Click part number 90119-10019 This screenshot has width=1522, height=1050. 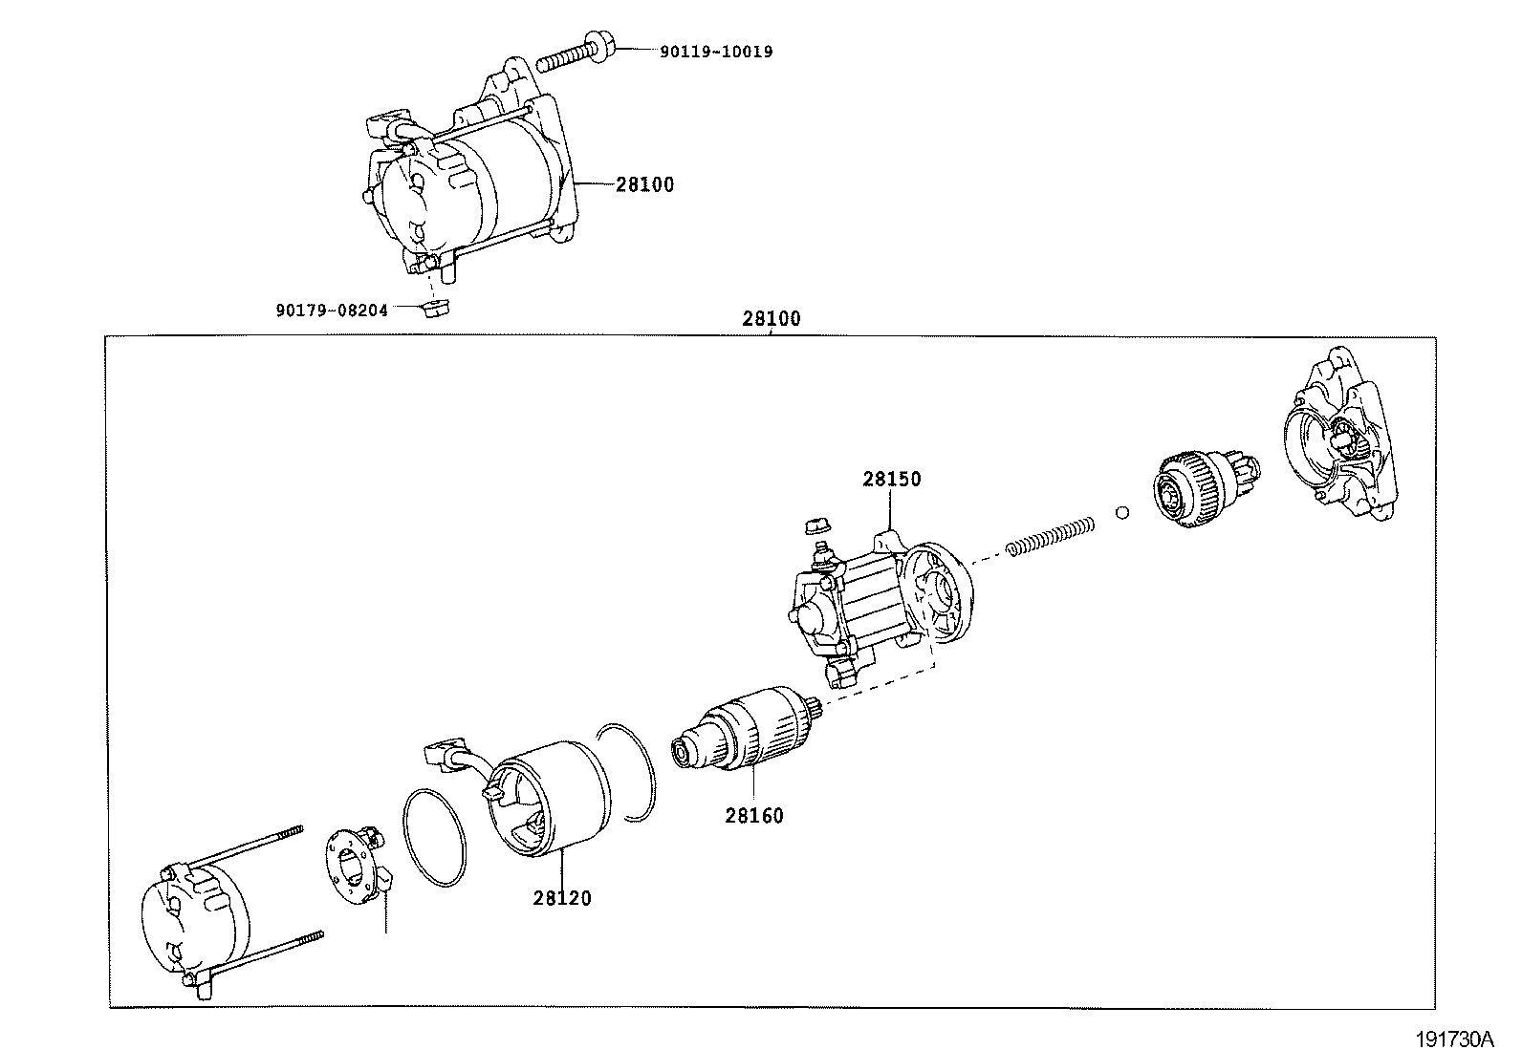[715, 52]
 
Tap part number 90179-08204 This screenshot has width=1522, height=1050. [332, 310]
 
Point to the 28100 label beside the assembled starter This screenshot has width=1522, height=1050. [644, 184]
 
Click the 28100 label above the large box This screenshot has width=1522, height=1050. [771, 319]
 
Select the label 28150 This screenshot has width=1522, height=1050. [891, 479]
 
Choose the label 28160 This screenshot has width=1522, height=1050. [753, 815]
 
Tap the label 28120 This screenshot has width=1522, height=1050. [562, 898]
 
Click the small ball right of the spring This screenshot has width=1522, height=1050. [1122, 512]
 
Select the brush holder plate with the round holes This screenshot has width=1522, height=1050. [354, 865]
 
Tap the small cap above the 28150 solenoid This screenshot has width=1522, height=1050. [815, 524]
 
